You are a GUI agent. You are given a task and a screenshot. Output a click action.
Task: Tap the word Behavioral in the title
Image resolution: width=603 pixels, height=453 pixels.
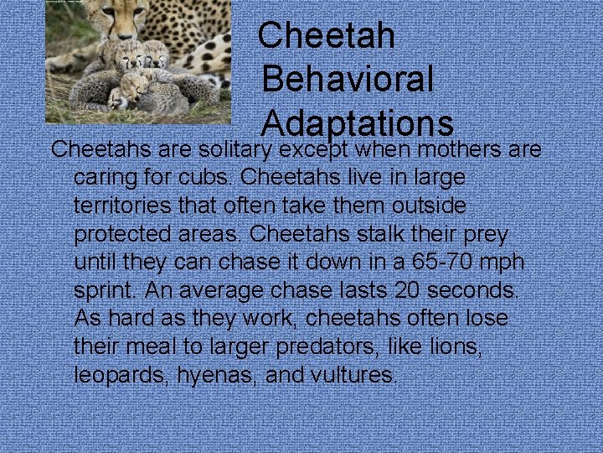[x=348, y=80]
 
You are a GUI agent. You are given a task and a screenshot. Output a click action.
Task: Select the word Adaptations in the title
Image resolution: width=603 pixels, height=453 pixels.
[x=358, y=124]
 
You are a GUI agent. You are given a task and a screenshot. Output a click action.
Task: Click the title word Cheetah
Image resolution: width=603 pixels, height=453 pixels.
[x=327, y=35]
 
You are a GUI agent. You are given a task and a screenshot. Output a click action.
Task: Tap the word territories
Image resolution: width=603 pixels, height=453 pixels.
[x=129, y=206]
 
